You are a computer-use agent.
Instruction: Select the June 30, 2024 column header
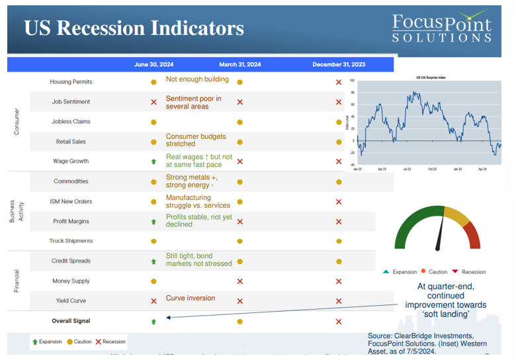[x=153, y=65]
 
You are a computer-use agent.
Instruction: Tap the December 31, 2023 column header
[x=339, y=65]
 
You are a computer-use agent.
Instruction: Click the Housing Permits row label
[x=71, y=82]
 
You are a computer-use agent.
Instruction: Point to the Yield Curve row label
[x=71, y=301]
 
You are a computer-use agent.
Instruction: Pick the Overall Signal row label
[x=71, y=321]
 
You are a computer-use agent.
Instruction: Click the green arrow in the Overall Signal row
[x=153, y=322]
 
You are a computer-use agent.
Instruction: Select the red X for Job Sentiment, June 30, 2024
[x=153, y=103]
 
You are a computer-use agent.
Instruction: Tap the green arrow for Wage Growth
[x=153, y=161]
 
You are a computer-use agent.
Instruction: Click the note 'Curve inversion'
[x=190, y=298]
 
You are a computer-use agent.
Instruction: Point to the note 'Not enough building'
[x=197, y=79]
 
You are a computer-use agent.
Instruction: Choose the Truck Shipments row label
[x=71, y=241]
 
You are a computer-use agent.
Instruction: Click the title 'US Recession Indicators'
[x=134, y=28]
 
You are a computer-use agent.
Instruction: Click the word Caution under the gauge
[x=437, y=272]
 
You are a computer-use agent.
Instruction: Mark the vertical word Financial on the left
[x=17, y=281]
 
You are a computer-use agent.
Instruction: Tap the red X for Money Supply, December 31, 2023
[x=339, y=281]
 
